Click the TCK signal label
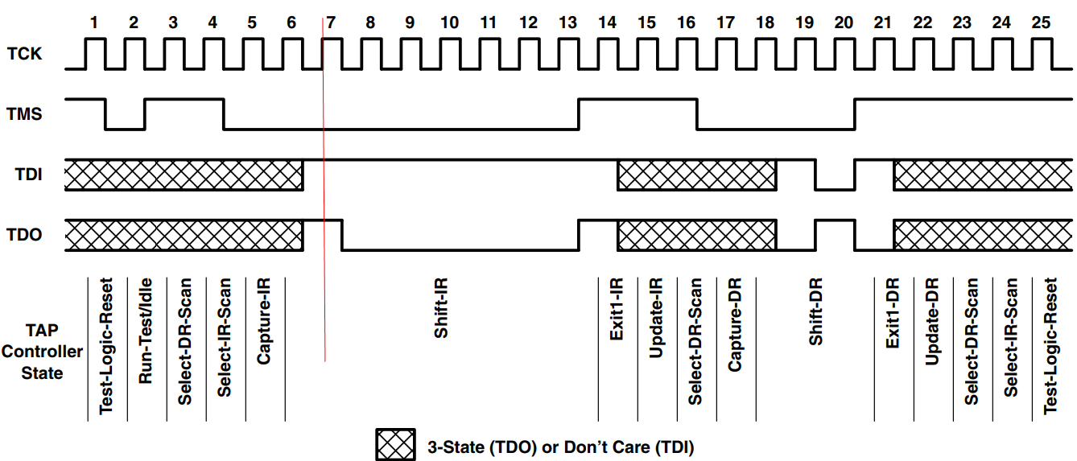click(x=24, y=55)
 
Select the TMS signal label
click(x=24, y=114)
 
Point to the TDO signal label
click(x=24, y=235)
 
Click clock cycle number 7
click(x=331, y=23)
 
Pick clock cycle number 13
click(x=567, y=23)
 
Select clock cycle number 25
click(x=1041, y=23)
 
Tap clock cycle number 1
click(x=94, y=23)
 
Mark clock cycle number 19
click(x=804, y=23)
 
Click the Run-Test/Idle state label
click(x=146, y=331)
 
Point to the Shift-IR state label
click(x=441, y=319)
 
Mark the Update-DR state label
click(x=932, y=322)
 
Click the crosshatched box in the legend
click(x=394, y=445)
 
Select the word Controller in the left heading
click(x=42, y=352)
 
